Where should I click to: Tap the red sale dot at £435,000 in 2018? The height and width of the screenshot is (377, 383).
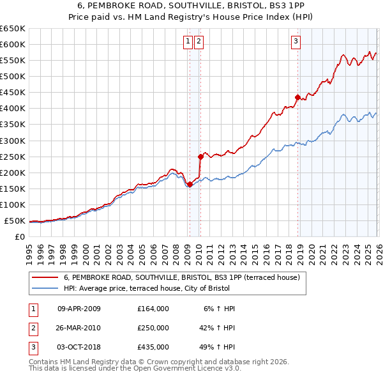pos(297,97)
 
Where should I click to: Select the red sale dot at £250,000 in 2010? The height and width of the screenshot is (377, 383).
pos(200,156)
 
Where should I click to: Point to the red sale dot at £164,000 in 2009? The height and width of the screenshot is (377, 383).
pos(190,184)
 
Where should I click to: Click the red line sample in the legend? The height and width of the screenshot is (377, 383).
pos(45,277)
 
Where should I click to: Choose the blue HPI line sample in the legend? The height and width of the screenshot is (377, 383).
pos(45,288)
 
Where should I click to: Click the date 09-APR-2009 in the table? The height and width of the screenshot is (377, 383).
pos(79,309)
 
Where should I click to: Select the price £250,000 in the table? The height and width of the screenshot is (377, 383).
pos(153,328)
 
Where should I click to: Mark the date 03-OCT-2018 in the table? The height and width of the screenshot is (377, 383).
pos(79,347)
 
